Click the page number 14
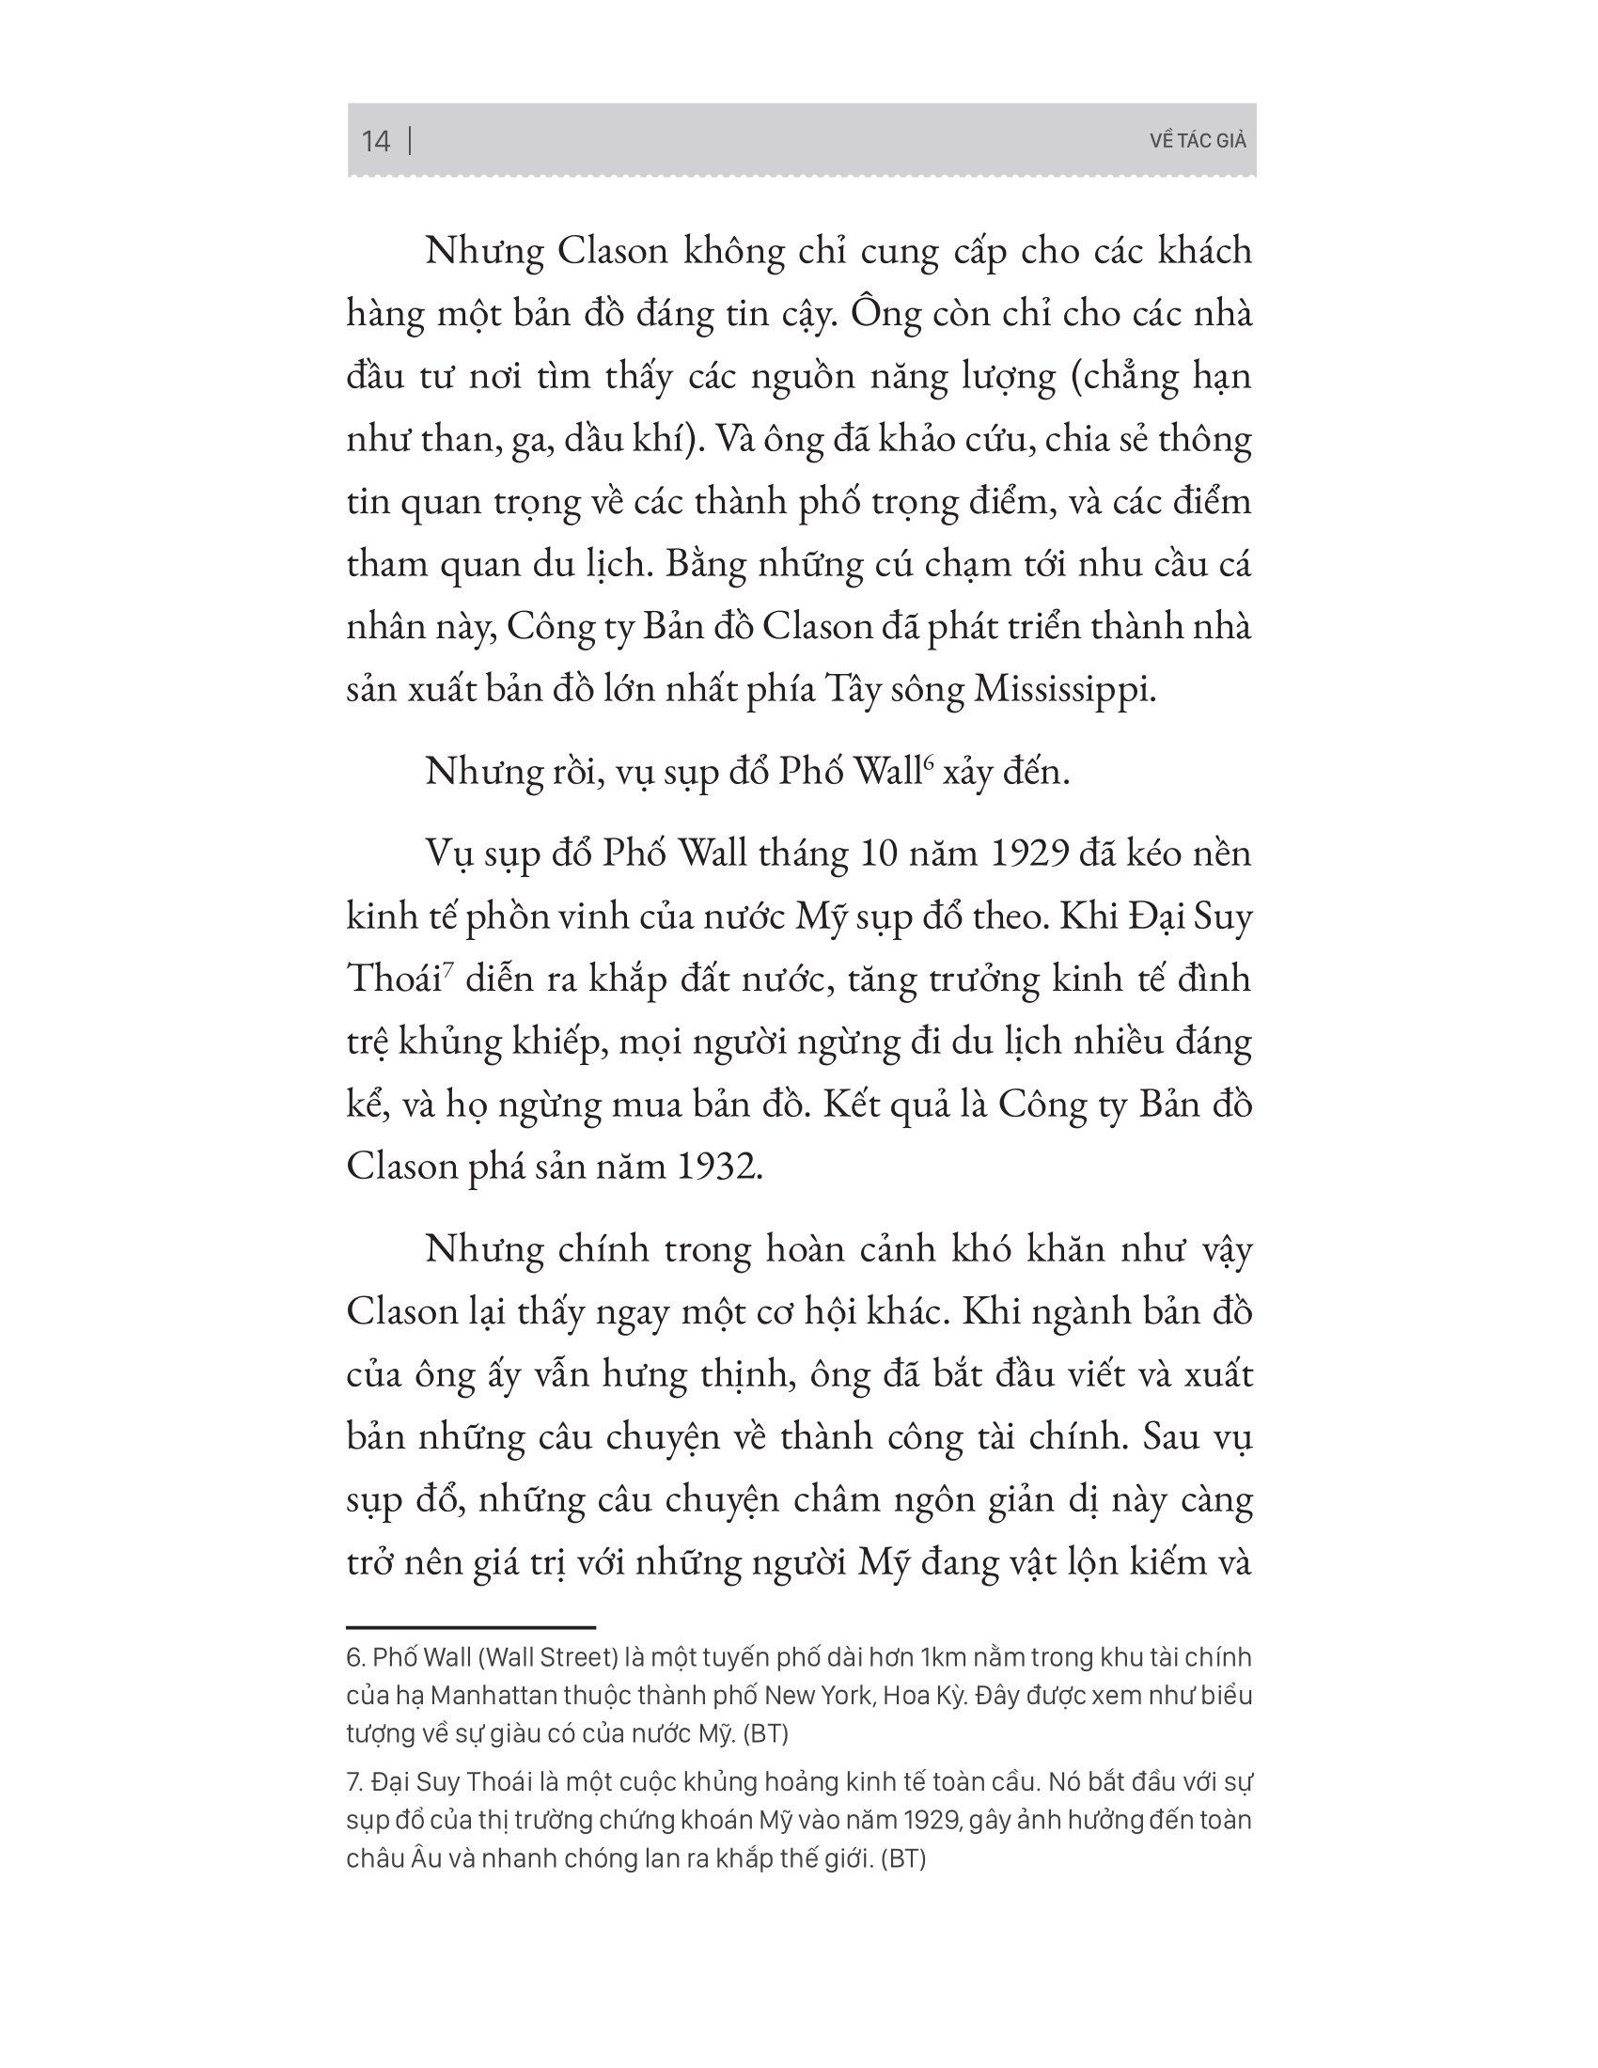(x=376, y=141)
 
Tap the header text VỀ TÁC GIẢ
(x=1198, y=141)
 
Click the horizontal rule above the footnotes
(x=471, y=1627)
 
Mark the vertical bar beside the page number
(x=410, y=141)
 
